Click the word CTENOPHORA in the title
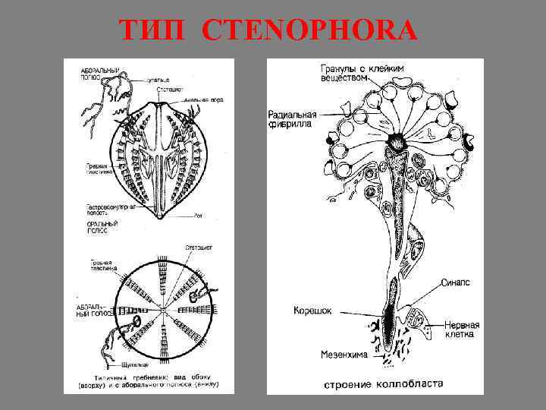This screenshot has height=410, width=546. pos(310,31)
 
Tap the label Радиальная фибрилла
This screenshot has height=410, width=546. pos(292,120)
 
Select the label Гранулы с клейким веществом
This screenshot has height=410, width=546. pos(361,72)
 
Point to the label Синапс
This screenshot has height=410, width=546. pos(456,282)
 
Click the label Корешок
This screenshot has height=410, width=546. pos(312,311)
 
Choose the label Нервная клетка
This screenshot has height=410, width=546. pos(459,329)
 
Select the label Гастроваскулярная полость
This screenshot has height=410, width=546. pos(107,211)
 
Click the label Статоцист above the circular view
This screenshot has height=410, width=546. pos(199,248)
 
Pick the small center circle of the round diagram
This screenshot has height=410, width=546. pos(163,311)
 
